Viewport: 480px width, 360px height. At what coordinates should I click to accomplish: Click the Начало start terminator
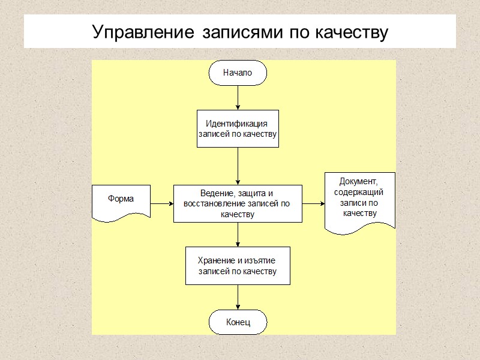click(238, 73)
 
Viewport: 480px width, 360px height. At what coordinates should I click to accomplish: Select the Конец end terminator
click(238, 323)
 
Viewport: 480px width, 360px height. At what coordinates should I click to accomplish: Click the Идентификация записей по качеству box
click(238, 128)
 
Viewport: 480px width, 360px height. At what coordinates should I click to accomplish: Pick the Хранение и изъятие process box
click(238, 266)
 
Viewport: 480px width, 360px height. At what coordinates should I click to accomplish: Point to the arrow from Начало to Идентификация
click(238, 98)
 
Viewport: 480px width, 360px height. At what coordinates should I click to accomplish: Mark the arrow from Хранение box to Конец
click(238, 297)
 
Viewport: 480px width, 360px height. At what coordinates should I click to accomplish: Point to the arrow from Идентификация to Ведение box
click(238, 166)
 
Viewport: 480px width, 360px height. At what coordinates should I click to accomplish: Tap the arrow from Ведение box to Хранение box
click(238, 235)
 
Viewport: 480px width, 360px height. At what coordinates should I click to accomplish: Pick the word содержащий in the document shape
click(359, 192)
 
